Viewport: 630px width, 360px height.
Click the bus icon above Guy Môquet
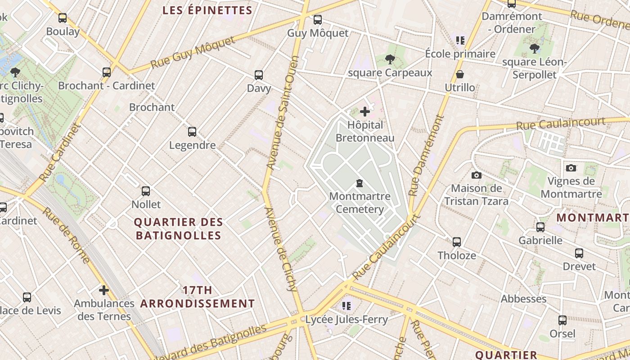(318, 20)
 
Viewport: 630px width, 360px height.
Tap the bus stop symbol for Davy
(259, 75)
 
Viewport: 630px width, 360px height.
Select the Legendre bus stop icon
(192, 132)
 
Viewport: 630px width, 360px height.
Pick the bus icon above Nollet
(146, 191)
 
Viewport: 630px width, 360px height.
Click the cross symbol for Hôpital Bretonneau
(365, 112)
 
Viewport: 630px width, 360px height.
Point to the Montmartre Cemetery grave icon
(360, 183)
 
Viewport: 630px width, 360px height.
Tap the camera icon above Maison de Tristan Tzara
(477, 175)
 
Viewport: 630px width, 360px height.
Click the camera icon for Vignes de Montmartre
(571, 168)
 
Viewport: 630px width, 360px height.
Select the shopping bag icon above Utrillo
(460, 74)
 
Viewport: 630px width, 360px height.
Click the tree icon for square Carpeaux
(390, 59)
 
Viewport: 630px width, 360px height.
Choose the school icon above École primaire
(460, 40)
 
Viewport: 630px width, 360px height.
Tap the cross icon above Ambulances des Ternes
(104, 290)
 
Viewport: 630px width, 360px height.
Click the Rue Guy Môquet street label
(193, 53)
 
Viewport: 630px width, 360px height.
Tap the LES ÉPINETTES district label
(207, 10)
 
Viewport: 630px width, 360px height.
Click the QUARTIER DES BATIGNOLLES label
(179, 229)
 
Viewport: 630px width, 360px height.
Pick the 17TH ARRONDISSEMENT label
(198, 297)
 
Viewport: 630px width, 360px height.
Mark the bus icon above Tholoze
(457, 242)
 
